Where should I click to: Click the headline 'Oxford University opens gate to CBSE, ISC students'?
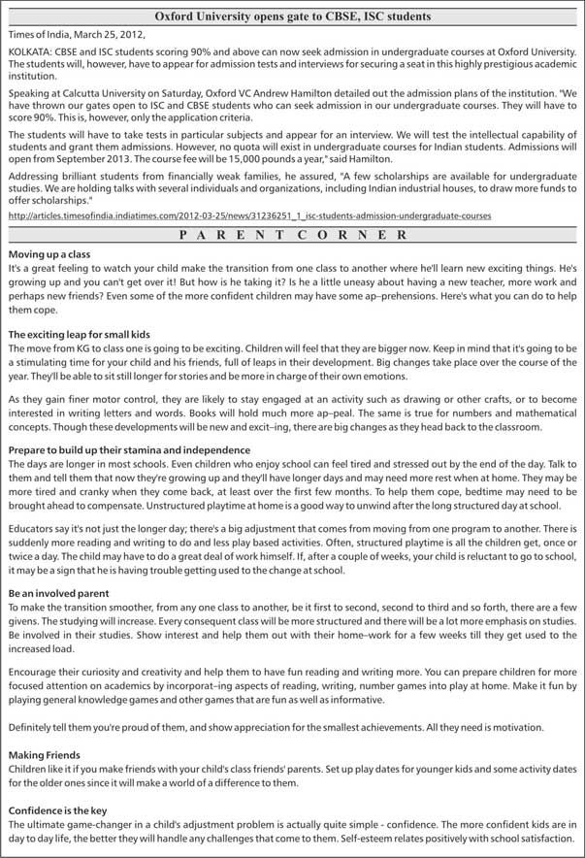click(x=293, y=16)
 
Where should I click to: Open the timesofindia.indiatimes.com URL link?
click(x=249, y=214)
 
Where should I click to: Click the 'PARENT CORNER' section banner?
click(x=293, y=235)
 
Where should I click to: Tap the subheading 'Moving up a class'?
click(x=49, y=253)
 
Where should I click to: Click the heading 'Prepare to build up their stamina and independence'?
click(x=129, y=450)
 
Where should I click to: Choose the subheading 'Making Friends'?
click(x=45, y=753)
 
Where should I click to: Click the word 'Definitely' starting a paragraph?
click(x=32, y=725)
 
